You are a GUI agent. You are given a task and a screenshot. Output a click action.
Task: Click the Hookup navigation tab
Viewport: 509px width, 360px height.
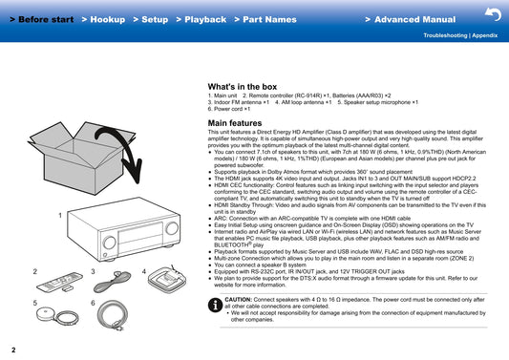103,19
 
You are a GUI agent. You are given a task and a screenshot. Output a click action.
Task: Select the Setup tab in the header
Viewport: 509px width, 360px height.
151,19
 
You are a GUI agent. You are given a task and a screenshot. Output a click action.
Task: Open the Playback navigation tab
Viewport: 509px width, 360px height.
201,19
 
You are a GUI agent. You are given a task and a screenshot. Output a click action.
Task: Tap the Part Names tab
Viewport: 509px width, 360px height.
265,19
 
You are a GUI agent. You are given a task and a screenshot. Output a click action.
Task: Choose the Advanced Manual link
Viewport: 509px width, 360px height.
411,19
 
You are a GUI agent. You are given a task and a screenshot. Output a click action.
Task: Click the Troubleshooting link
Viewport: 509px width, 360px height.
445,35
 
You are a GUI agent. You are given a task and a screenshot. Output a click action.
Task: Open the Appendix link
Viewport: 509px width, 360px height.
485,35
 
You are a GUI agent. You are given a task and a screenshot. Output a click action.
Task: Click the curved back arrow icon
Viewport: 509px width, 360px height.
493,14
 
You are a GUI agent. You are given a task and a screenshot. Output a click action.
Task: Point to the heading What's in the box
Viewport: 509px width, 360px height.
243,87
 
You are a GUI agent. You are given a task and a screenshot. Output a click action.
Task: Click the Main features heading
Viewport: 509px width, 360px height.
235,123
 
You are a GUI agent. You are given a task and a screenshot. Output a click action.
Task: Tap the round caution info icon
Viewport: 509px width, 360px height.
215,305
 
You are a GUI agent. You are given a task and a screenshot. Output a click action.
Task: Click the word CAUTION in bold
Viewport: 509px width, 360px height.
238,299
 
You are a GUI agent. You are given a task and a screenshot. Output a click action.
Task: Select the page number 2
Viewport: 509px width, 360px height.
13,349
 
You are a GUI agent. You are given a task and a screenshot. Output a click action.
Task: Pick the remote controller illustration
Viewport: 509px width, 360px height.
59,282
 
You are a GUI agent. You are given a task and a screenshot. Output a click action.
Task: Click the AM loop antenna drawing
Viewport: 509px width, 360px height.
167,279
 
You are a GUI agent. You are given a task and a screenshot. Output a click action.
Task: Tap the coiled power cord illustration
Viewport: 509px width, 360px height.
113,315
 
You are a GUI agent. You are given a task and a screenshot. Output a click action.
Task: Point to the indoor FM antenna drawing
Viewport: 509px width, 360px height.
112,282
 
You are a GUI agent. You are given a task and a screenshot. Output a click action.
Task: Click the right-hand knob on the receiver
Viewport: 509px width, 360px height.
172,228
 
